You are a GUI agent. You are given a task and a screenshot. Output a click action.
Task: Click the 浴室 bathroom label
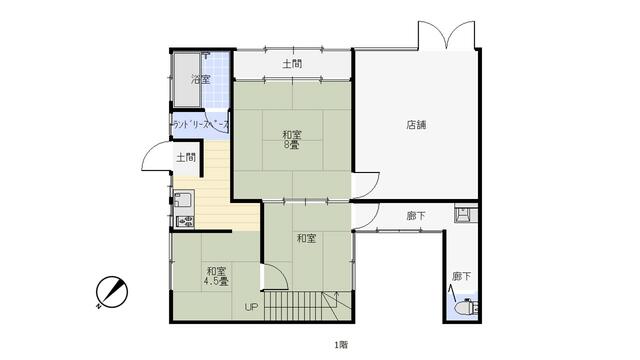(201, 79)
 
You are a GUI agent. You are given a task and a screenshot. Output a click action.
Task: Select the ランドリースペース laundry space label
(201, 125)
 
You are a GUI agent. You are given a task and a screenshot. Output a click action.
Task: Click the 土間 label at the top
(292, 64)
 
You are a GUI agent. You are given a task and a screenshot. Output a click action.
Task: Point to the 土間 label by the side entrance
(185, 157)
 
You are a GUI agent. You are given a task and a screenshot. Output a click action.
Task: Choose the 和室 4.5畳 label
(216, 276)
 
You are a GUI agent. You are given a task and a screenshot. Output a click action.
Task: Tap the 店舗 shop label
(416, 125)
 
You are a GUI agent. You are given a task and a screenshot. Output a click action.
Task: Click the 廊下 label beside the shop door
(416, 215)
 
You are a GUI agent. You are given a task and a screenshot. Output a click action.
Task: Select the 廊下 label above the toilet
(460, 276)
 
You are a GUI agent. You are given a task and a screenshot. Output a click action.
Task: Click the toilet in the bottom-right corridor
(465, 309)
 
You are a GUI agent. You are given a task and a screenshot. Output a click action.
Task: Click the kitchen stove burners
(183, 219)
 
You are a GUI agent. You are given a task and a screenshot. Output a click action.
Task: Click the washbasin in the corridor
(464, 213)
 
